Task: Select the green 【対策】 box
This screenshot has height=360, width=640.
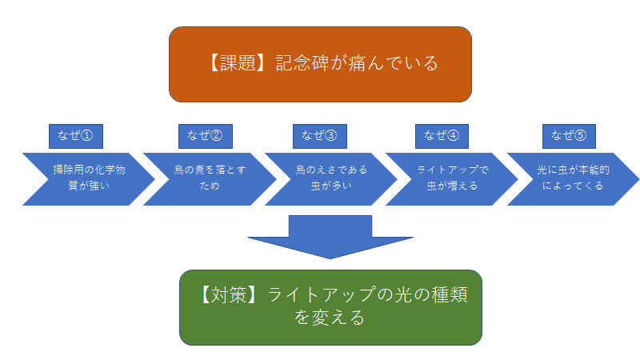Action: (330, 307)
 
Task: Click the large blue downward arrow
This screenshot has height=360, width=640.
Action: (330, 236)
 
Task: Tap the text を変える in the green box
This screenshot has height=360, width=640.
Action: (330, 318)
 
